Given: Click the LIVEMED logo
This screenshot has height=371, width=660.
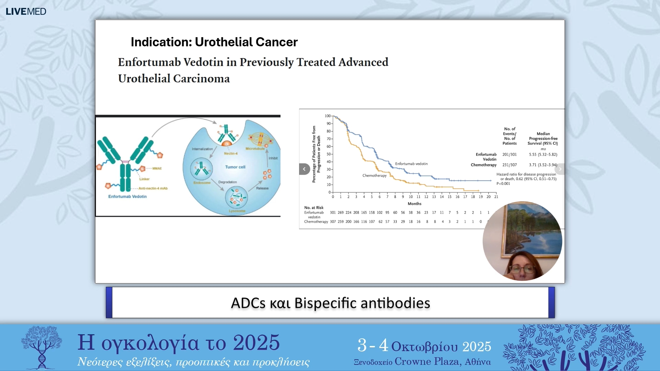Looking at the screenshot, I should pos(26,11).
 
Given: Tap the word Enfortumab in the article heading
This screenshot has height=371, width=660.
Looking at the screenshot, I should pos(149,62).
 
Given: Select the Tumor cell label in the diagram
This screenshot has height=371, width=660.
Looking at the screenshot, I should pos(235,167).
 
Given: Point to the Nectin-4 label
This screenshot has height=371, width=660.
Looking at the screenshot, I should pos(231,154).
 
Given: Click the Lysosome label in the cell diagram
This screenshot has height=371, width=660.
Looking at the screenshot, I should pos(237,211).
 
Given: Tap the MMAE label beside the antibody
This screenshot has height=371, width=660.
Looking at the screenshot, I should pos(157,168).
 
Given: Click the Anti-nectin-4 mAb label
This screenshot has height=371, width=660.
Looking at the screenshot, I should pos(153,188).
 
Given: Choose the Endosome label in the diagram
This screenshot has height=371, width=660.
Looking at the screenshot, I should pos(202,183).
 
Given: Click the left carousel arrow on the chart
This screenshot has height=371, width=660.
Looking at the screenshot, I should pos(304,169).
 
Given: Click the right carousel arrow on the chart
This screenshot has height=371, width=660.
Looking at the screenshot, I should pos(560,169).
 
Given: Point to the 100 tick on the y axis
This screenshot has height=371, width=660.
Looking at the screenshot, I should pos(328,116).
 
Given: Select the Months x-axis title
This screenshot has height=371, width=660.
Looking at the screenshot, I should pos(414,204).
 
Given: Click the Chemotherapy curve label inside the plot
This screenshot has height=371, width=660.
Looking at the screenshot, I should pos(374,176).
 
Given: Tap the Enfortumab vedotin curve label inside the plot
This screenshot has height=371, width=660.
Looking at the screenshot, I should pos(411,164).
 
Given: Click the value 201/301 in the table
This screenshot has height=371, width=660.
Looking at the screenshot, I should pos(509,155).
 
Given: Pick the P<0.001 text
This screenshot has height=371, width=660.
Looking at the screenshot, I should pos(503,184).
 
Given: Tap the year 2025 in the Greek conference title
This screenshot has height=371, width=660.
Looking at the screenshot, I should pos(256,342).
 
